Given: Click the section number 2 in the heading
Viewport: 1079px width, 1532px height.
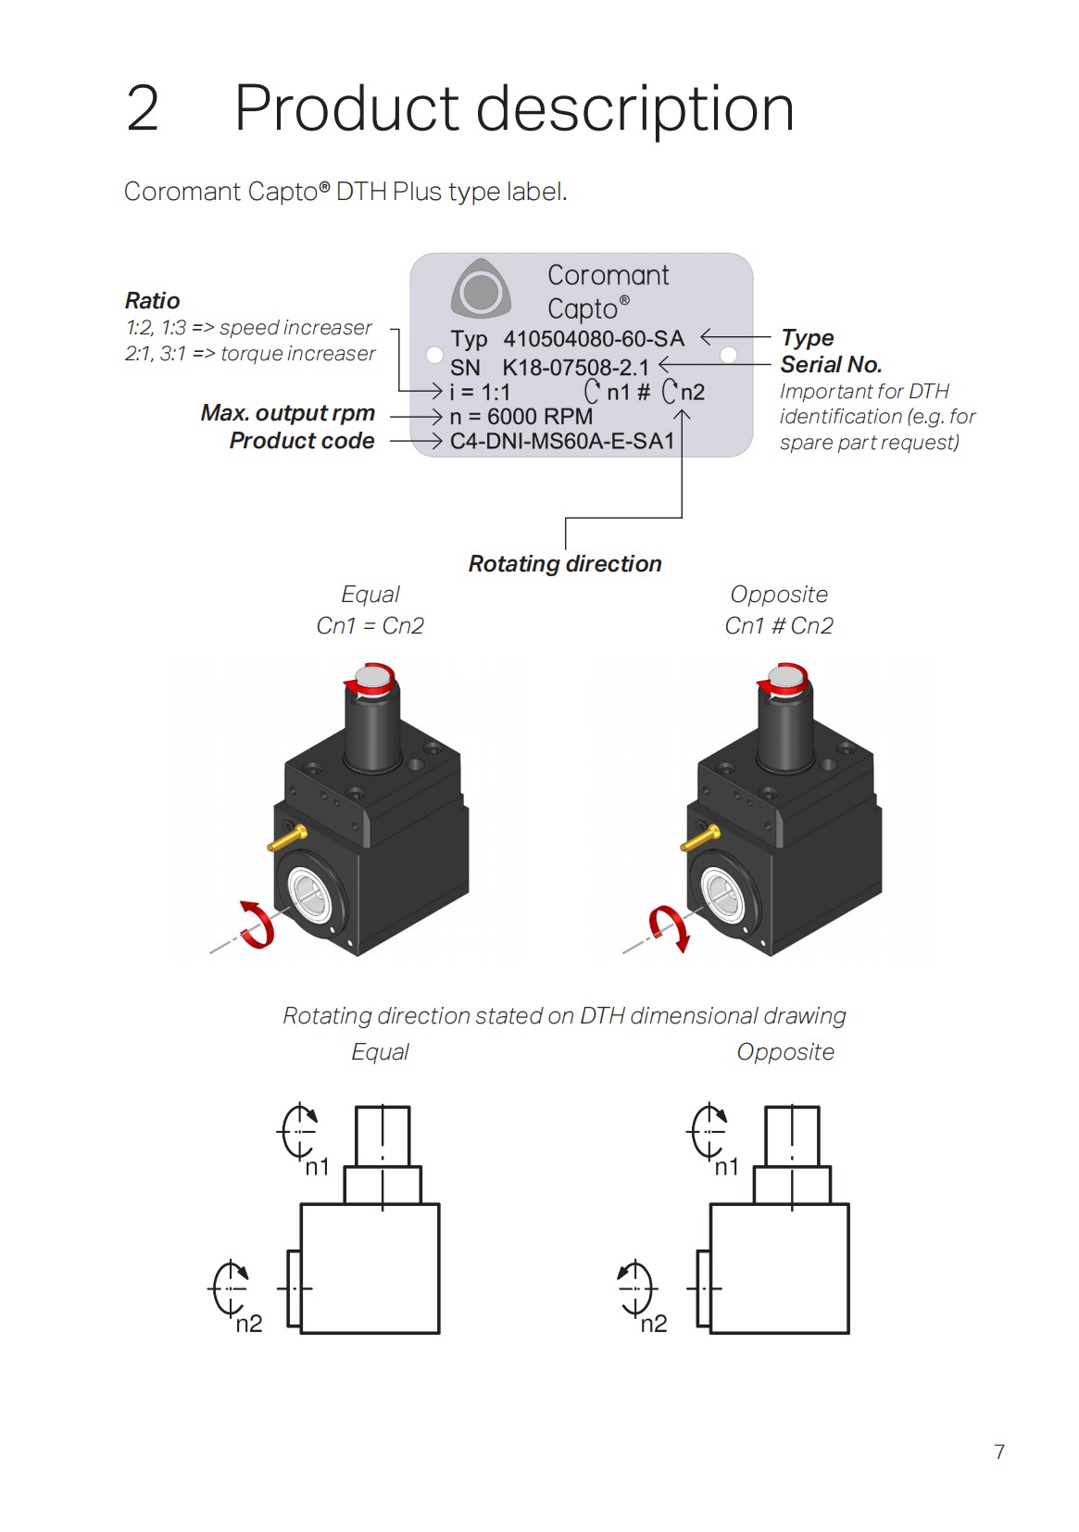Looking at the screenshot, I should click(143, 109).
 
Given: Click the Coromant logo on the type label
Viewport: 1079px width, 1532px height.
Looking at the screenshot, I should click(481, 290).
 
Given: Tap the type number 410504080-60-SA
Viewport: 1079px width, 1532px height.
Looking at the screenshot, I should click(593, 339).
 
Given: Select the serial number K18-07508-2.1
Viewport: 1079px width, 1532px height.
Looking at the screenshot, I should click(575, 367).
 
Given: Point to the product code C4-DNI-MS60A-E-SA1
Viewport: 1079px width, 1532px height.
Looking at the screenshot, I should click(561, 442).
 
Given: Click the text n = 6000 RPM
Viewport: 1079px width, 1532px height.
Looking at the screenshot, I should click(521, 417).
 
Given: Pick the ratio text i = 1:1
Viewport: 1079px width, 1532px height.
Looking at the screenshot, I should click(480, 392).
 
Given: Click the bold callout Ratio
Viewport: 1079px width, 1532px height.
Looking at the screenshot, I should click(152, 301).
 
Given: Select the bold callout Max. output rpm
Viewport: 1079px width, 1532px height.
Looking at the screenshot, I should click(288, 413).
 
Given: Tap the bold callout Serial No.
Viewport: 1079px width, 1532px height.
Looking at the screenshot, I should click(831, 365).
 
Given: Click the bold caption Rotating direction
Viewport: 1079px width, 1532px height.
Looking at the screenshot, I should click(565, 564).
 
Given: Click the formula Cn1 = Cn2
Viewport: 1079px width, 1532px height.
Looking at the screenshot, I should click(370, 626).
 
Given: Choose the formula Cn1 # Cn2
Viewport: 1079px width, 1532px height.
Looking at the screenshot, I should click(779, 626).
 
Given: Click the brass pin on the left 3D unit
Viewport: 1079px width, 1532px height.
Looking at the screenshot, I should click(287, 839).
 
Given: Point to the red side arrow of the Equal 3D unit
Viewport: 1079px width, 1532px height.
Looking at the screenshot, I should click(257, 924).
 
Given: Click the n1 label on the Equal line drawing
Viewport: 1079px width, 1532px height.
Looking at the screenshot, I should click(318, 1167).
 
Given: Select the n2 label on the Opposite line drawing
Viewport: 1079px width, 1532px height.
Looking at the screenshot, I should click(654, 1324).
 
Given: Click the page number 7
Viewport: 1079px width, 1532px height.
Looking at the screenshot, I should click(999, 1451).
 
